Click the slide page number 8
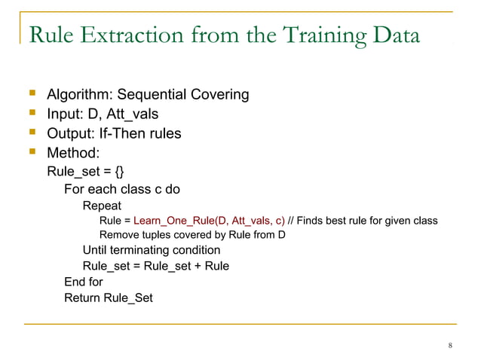coord(450,346)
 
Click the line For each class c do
coord(121,188)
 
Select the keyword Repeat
coord(102,205)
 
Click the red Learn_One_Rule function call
coord(209,221)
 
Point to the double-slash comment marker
coord(292,221)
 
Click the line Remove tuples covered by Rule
coord(192,235)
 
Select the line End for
coord(83,282)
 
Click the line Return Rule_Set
coord(108,297)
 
